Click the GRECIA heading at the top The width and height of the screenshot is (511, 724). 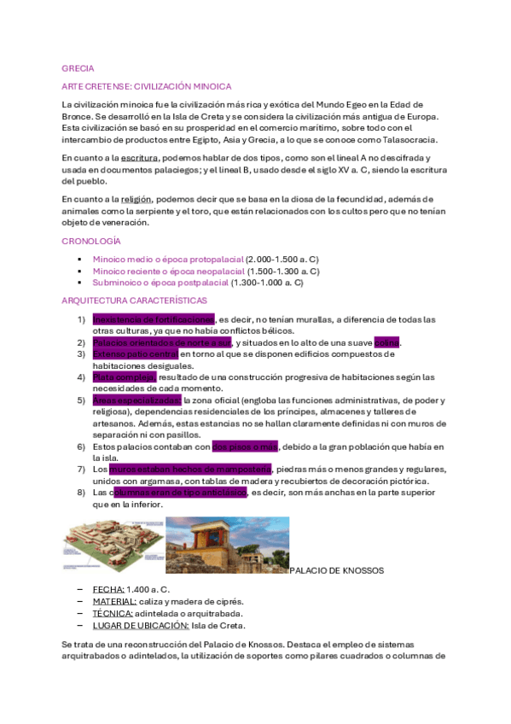[78, 67]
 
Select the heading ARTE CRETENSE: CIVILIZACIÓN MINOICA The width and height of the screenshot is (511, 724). [147, 87]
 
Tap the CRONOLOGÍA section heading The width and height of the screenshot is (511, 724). [91, 242]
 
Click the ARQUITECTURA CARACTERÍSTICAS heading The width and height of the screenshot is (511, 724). [134, 301]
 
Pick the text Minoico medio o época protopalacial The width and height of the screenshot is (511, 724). [167, 258]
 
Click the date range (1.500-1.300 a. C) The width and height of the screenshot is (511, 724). [283, 271]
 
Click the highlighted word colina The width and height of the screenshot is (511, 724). [386, 343]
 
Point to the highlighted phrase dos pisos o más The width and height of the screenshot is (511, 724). [245, 446]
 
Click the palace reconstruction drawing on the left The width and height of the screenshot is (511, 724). [112, 546]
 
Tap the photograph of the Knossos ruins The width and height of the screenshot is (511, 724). [227, 546]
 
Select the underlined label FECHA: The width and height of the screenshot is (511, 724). [108, 590]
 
